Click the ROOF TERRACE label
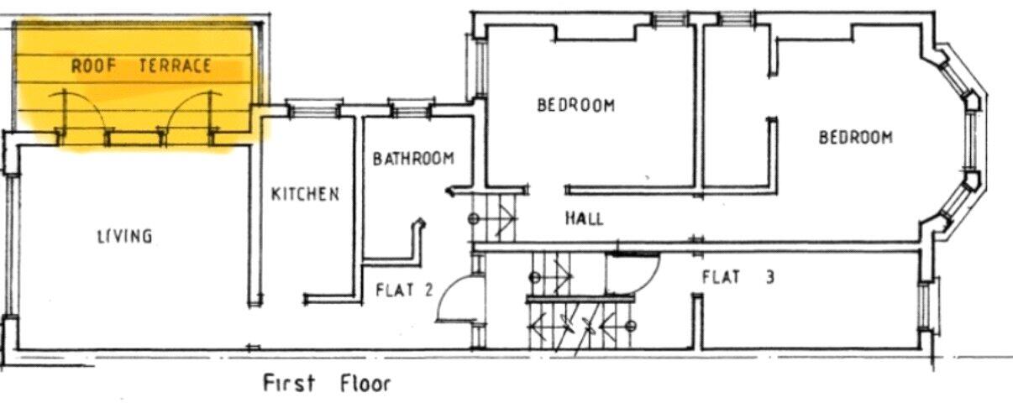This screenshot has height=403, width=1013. (x=140, y=66)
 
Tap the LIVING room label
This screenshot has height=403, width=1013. (x=123, y=236)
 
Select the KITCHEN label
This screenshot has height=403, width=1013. (x=305, y=194)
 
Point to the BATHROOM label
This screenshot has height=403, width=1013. (x=413, y=158)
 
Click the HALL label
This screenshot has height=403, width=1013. (x=584, y=218)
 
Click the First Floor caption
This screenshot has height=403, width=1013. (x=327, y=385)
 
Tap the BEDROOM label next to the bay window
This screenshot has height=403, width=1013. (x=855, y=137)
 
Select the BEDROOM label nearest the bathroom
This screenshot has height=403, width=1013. (x=575, y=105)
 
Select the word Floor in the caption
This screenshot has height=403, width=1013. (x=365, y=385)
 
